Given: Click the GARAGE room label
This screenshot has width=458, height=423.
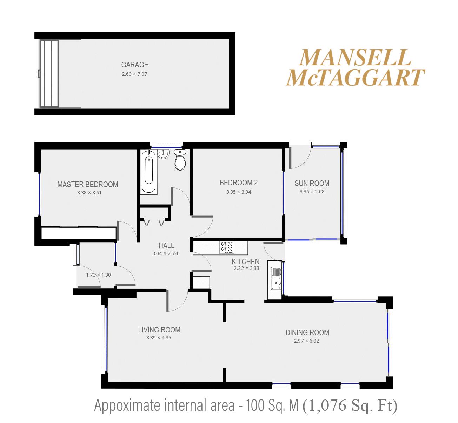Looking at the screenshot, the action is [135, 65].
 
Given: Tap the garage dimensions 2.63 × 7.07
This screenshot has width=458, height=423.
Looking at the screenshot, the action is [134, 74].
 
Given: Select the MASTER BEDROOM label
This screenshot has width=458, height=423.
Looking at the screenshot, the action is [88, 184].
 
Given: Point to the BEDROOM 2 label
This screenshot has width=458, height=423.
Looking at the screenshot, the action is [238, 183].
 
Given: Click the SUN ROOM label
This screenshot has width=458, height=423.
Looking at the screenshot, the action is [312, 184].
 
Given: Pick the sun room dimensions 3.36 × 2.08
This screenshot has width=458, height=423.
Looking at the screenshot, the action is [312, 192].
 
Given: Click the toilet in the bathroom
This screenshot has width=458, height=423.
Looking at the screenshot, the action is [180, 159].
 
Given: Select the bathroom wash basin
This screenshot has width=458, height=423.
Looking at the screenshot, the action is [164, 153].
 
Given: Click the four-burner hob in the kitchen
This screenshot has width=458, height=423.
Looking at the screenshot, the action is [227, 247].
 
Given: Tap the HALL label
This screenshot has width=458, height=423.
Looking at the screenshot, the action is [166, 245].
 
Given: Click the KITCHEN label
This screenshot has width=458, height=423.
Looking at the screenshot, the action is [246, 262].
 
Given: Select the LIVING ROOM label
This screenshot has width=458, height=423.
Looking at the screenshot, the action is [159, 330].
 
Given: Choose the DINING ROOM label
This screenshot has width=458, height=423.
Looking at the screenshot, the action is [307, 332].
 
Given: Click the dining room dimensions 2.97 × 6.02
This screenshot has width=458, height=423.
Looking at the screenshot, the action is [306, 341].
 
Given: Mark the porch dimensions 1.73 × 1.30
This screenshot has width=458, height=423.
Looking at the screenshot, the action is [98, 275].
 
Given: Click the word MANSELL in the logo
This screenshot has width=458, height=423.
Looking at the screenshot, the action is [356, 58].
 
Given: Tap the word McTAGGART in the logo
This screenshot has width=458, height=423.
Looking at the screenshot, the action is [356, 77].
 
